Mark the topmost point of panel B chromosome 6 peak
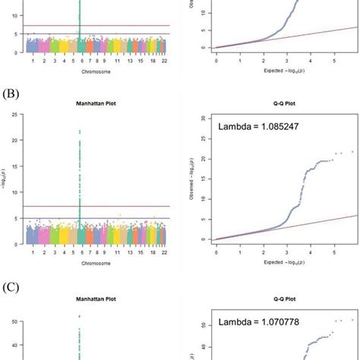point(80,131)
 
